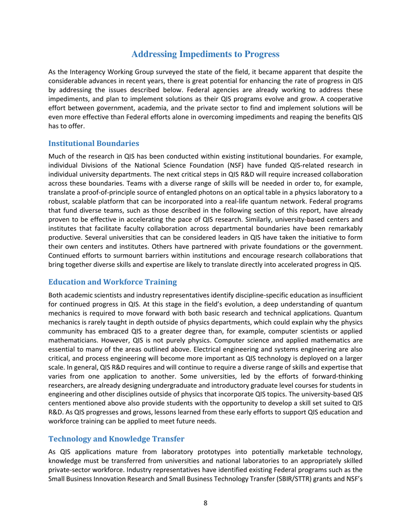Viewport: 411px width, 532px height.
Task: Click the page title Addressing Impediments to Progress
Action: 205,54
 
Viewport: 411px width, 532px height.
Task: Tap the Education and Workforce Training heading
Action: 112,282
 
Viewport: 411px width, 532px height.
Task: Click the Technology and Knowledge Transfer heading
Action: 116,439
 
